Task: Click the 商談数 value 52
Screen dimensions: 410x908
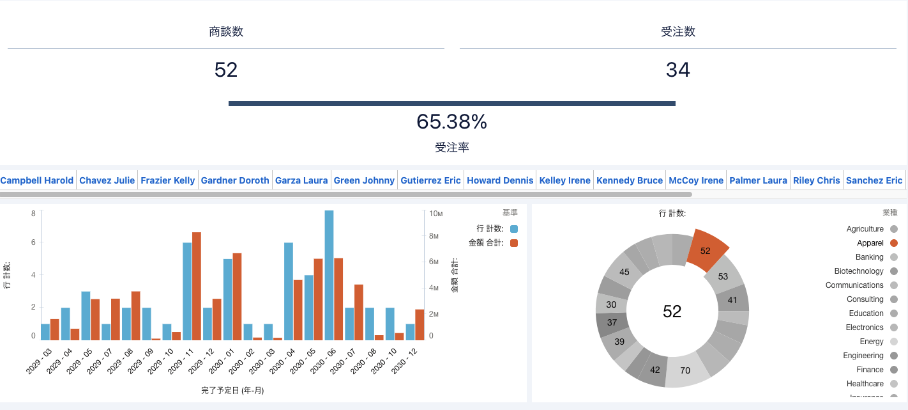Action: pyautogui.click(x=226, y=70)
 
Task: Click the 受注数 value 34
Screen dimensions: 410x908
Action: pyautogui.click(x=677, y=70)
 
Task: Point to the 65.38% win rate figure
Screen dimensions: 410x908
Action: pyautogui.click(x=451, y=122)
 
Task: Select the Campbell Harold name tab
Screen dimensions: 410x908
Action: pyautogui.click(x=37, y=180)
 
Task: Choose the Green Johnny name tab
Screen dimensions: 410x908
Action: pyautogui.click(x=364, y=180)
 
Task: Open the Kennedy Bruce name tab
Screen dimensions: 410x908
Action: pyautogui.click(x=630, y=180)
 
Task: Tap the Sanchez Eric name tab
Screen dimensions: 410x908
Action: pyautogui.click(x=874, y=180)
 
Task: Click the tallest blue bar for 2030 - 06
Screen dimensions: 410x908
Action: pyautogui.click(x=329, y=275)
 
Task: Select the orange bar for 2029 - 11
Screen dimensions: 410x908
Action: pyautogui.click(x=197, y=287)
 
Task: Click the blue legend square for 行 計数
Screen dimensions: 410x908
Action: pyautogui.click(x=514, y=229)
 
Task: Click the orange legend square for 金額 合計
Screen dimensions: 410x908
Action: pyautogui.click(x=514, y=243)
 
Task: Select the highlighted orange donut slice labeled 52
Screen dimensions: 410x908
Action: pyautogui.click(x=707, y=250)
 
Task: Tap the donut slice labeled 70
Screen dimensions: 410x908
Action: pyautogui.click(x=686, y=370)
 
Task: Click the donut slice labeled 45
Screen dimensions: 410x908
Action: pyautogui.click(x=624, y=272)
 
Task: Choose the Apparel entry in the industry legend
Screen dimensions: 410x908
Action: pyautogui.click(x=870, y=243)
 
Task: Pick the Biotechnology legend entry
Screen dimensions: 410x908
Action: pyautogui.click(x=859, y=271)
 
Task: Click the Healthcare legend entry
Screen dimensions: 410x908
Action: pyautogui.click(x=865, y=384)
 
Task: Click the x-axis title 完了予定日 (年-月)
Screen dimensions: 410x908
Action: pyautogui.click(x=232, y=390)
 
